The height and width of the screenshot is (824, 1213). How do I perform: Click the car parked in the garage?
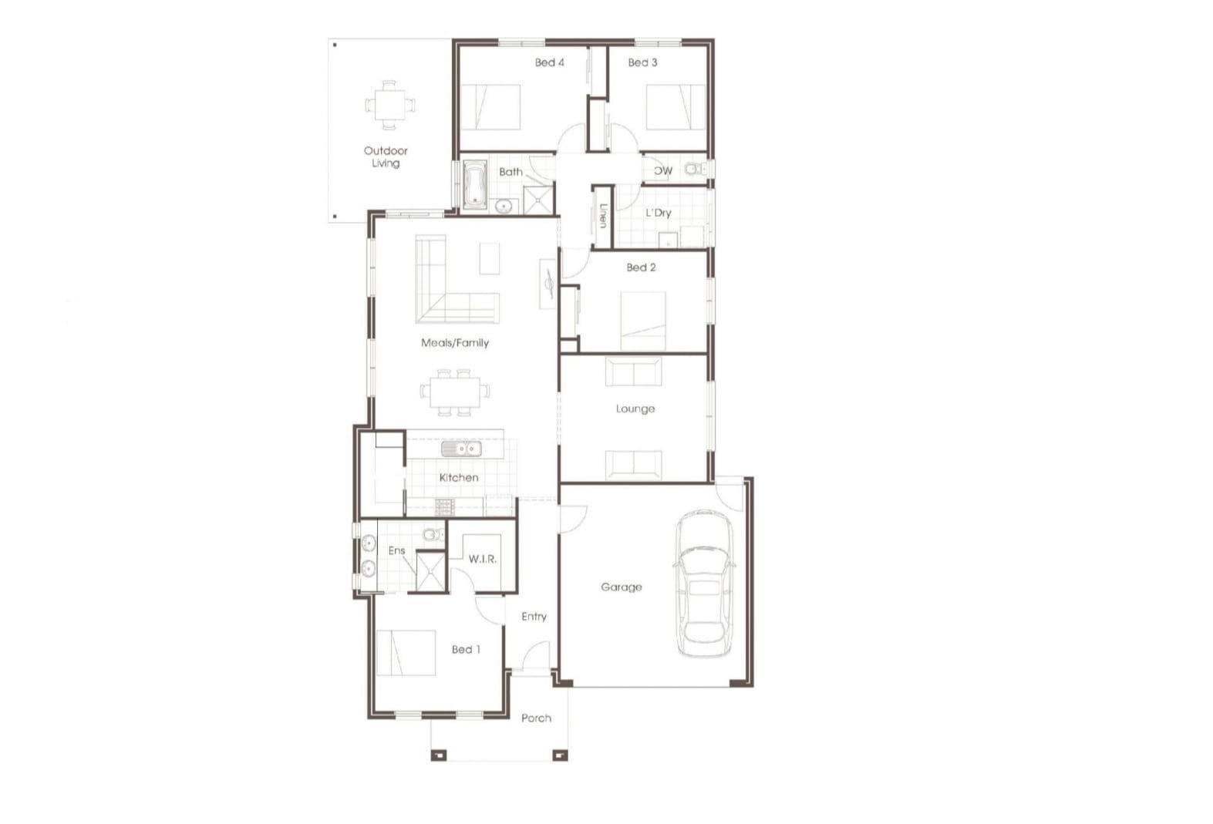[704, 583]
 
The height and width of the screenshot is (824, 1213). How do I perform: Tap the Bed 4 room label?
[549, 62]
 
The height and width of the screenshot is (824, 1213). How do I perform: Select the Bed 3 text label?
[642, 62]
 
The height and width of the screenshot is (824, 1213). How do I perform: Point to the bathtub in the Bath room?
[475, 185]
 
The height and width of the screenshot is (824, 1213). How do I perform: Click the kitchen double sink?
[461, 449]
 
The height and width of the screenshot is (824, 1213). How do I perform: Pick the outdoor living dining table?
[389, 105]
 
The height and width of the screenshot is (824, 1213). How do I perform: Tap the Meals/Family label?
[455, 343]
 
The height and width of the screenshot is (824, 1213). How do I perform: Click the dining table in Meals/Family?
[454, 392]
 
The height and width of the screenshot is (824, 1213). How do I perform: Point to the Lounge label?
[635, 409]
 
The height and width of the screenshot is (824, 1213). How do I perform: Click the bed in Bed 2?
[643, 321]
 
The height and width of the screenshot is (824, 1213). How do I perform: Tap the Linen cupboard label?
[603, 216]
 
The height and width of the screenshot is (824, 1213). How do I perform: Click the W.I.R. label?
[483, 559]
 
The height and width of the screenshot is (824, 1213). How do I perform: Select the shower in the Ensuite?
[430, 571]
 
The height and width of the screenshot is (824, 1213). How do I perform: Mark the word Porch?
[536, 718]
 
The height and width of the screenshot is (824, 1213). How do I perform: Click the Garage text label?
[621, 587]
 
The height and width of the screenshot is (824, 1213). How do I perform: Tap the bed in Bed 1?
[406, 653]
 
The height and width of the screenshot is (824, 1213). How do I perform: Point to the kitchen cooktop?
[445, 506]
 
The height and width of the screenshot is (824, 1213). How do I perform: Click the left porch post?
[438, 755]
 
